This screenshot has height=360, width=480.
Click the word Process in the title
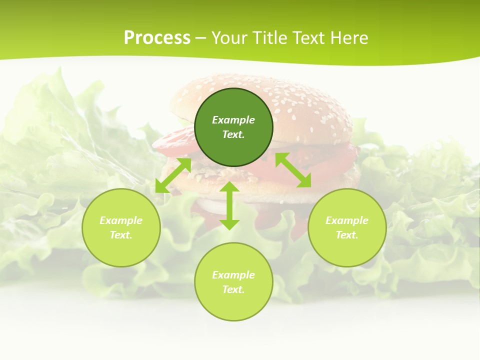pos(157,38)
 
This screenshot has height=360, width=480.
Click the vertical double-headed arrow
pos(229,205)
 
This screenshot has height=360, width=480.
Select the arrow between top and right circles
pos(293,170)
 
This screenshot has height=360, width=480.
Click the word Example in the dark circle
pos(233,120)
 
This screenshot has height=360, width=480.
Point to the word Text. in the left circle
pos(121,235)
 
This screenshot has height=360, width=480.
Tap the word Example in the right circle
pos(347,220)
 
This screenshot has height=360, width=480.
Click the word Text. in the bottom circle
pos(233,289)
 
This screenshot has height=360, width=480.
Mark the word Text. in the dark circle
pos(233,134)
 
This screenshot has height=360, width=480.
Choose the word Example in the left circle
pos(121,220)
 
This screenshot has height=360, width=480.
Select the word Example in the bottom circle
pos(233,275)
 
